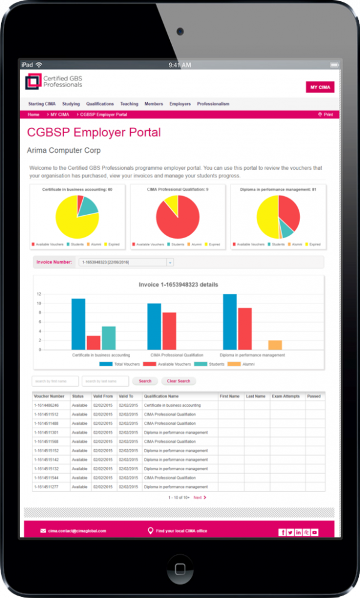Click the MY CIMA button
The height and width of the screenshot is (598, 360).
coord(320,87)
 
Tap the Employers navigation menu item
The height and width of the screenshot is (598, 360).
coord(180,104)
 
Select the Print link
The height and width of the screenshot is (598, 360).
coord(326,115)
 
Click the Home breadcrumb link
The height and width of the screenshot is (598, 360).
coord(34,115)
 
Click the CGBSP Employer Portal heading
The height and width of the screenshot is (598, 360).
coord(94,133)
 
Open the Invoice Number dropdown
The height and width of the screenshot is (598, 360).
coord(170,262)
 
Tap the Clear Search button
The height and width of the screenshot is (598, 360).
coord(178,381)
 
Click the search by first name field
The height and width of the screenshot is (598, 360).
coord(55,381)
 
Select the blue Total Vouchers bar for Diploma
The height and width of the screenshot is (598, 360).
coord(230,321)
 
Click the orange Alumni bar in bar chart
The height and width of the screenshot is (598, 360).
coord(275,345)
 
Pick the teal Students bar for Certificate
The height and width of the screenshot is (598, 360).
coord(109,338)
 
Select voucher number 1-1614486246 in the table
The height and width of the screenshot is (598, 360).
coord(47,405)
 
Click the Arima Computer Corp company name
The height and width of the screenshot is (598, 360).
coord(64,151)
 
